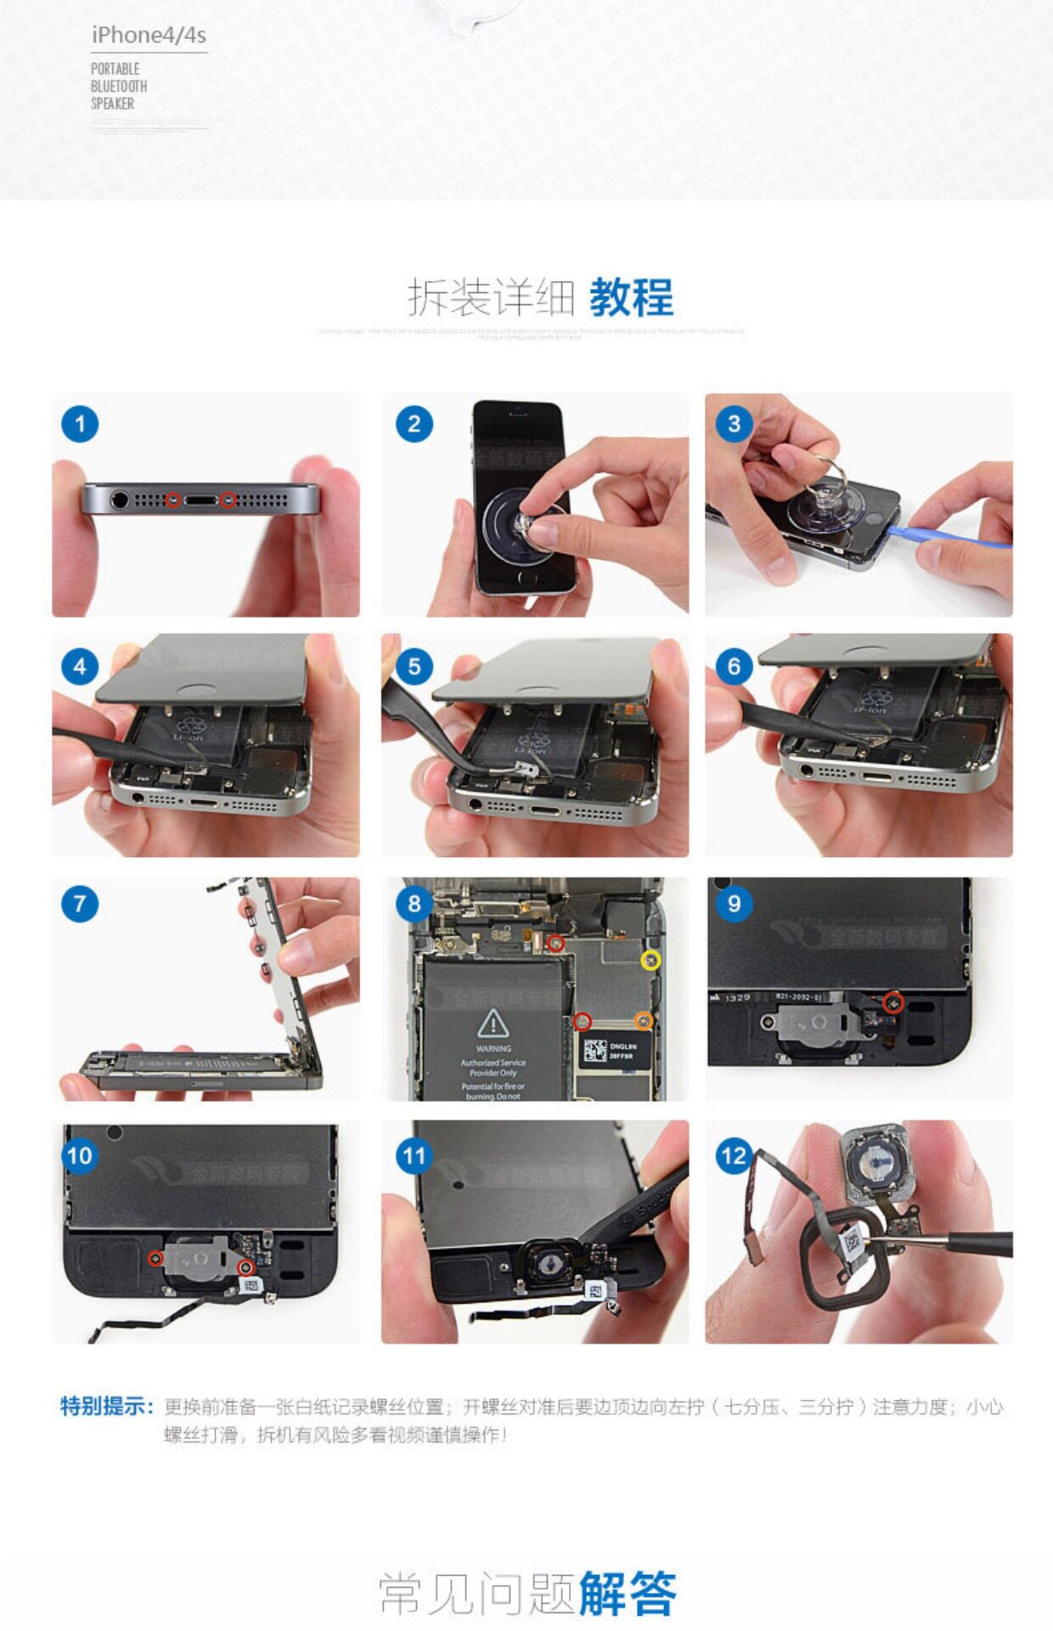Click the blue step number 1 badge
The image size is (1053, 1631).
coord(80,424)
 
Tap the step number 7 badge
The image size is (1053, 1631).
coord(80,903)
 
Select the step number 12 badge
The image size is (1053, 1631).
coord(734,1155)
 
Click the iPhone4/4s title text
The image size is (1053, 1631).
coord(149,35)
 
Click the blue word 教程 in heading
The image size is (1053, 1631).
coord(631,297)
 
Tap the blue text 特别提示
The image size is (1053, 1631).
coord(106,1406)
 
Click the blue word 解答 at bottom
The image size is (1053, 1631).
coord(628,1594)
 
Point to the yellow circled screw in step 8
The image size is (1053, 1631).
coord(650,960)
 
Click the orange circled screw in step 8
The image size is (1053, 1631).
coord(644,1020)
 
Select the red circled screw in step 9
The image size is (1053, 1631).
coord(892,1003)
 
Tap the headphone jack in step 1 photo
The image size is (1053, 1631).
coord(120,499)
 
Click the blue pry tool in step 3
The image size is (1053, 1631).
coord(951,536)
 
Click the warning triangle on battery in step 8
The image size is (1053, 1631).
coord(493,1024)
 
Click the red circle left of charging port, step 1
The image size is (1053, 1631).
coord(173,500)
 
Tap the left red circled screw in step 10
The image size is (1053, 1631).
coord(155,1258)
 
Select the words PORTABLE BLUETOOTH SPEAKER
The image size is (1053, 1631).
coord(119,86)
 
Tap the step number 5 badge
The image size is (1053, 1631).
coord(414,667)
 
